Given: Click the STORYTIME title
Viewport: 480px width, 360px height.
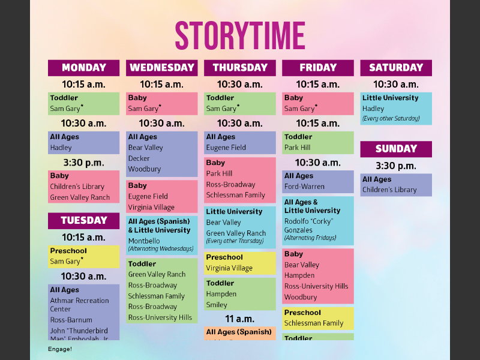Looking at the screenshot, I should pos(240,36).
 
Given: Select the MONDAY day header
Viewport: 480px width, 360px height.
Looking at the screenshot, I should pos(83,68).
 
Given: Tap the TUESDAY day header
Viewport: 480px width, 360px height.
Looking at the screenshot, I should pos(83,220).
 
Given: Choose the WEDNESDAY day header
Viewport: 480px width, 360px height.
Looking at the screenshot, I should pos(162,68).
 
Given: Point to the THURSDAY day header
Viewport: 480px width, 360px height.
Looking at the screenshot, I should pos(240,68).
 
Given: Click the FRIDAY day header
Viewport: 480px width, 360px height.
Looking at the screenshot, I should pos(318,68).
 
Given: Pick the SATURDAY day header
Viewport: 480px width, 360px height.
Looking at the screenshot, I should pos(396,68).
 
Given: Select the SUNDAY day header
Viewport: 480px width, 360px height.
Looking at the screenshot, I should pos(396,149).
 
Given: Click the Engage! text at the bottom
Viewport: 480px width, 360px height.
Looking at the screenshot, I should pos(60,349).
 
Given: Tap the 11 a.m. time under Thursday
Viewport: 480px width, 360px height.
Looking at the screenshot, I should pos(240,319).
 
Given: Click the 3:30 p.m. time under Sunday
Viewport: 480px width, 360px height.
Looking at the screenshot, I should pos(396,166).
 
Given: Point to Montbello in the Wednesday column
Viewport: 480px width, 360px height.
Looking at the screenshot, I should pos(144,241).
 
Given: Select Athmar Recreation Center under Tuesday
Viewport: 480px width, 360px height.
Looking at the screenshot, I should pos(79,305).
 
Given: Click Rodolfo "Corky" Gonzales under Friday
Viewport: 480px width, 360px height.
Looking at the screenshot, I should pos(308,226).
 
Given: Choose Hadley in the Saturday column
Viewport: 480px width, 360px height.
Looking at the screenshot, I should pos(373,109).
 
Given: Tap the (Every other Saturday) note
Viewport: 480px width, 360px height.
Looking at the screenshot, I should pos(391,119).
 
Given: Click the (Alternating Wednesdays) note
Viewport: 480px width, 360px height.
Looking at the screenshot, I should pos(161,248).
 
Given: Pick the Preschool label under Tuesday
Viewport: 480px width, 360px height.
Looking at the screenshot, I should pos(68,251).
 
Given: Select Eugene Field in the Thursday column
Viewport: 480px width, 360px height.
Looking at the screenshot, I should pos(226,148).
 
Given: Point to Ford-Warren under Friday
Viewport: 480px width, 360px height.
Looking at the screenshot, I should pos(304,187).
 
